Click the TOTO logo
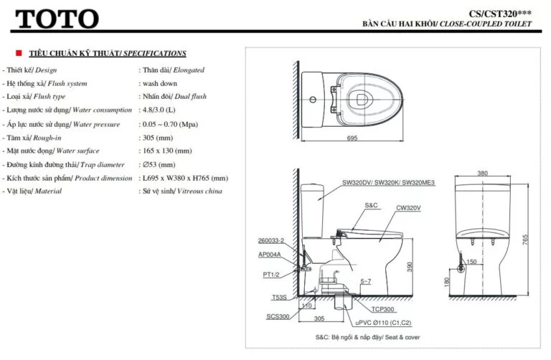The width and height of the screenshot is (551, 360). click(x=57, y=17)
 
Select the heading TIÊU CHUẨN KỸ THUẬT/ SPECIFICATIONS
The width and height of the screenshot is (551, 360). click(x=108, y=54)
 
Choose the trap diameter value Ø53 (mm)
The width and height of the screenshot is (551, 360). click(x=158, y=165)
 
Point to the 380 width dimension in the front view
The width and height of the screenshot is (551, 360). click(x=483, y=173)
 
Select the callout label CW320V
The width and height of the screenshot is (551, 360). click(x=408, y=208)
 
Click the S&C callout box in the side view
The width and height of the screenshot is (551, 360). click(x=371, y=206)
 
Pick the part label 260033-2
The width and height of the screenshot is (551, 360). click(x=271, y=240)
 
